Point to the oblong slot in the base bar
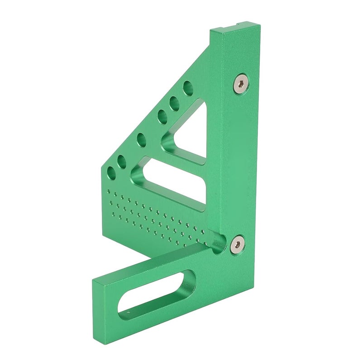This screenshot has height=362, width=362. pyautogui.click(x=156, y=294)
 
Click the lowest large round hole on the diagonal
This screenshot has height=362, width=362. pyautogui.click(x=111, y=172)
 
